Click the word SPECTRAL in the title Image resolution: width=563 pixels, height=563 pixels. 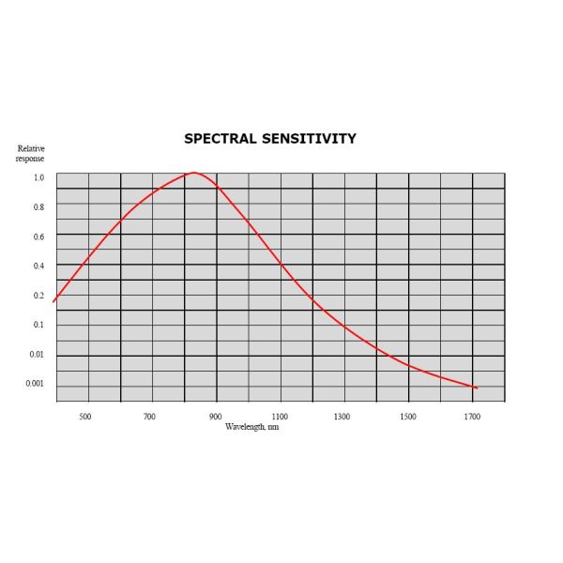tap(220, 139)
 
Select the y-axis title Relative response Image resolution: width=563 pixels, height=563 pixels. tap(30, 153)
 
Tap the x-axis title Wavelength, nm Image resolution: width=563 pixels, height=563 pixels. tap(252, 426)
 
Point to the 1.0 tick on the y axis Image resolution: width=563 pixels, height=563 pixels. tap(38, 177)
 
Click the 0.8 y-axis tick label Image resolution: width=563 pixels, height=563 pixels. tap(38, 207)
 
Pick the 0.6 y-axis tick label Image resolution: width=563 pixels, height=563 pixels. tap(38, 236)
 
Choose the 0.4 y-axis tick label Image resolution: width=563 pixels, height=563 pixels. tap(38, 266)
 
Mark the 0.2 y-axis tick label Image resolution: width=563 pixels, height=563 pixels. tap(38, 296)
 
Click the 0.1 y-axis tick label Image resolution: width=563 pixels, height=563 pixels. tap(38, 325)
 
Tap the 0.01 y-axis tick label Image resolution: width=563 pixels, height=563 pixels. tap(37, 354)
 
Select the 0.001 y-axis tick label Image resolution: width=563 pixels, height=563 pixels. tap(35, 383)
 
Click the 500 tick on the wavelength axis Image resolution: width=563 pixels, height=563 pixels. tap(84, 416)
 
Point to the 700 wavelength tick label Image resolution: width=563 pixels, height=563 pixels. tap(149, 416)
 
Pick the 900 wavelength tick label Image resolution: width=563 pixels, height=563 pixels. tap(215, 416)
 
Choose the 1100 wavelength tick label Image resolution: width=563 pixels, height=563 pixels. tap(280, 416)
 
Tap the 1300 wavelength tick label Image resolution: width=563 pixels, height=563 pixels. tap(342, 416)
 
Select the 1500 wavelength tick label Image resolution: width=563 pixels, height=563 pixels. tap(407, 416)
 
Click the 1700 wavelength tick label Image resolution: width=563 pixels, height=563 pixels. tap(472, 416)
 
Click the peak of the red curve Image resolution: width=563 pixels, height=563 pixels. tap(193, 173)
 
